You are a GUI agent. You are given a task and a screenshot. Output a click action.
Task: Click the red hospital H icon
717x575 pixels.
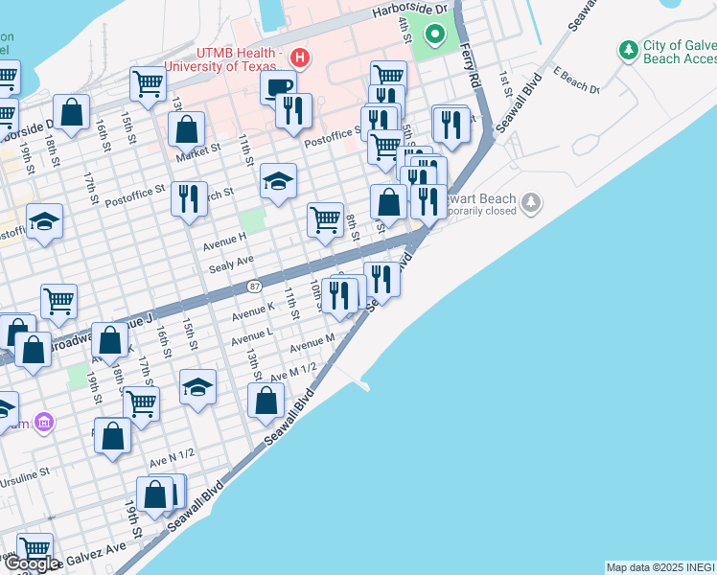coord(300,58)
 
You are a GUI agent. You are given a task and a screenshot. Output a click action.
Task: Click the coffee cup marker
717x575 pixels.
coord(278,86)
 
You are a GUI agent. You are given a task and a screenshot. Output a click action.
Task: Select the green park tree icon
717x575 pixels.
coord(629,49)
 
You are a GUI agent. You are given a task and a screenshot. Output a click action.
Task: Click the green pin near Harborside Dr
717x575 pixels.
coord(435,37)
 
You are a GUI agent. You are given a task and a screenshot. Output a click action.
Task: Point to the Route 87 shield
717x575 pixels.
coord(254,286)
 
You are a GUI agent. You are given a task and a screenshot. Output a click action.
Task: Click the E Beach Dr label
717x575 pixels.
coord(575,84)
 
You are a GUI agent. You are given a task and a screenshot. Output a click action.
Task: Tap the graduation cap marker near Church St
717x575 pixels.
coord(278,180)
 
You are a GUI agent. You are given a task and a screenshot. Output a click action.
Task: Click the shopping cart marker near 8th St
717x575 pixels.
coord(325,218)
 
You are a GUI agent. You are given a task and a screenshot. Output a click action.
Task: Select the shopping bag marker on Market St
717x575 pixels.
coord(187,128)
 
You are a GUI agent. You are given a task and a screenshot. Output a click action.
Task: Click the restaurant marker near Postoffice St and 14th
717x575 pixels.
coord(189,198)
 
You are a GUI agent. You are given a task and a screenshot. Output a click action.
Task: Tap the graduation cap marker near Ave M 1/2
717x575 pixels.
coord(197,386)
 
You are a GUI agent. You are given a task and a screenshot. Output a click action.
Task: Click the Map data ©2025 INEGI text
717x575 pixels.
coord(660,567)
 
